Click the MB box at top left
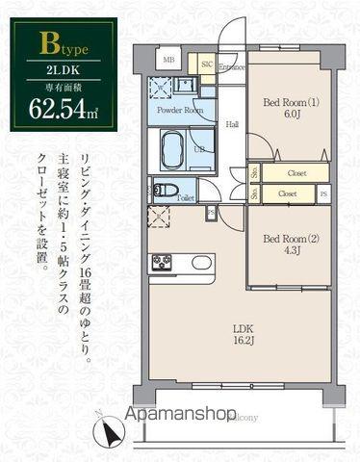coord(168,61)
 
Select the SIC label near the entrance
coord(207,65)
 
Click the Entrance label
coord(231,67)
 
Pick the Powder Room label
coord(180,111)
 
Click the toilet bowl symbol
coord(165,190)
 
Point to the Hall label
coord(232,124)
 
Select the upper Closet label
coord(296,174)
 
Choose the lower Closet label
coord(288,193)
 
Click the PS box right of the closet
coord(322,193)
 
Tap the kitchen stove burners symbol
coord(160,262)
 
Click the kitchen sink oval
coord(202,262)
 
